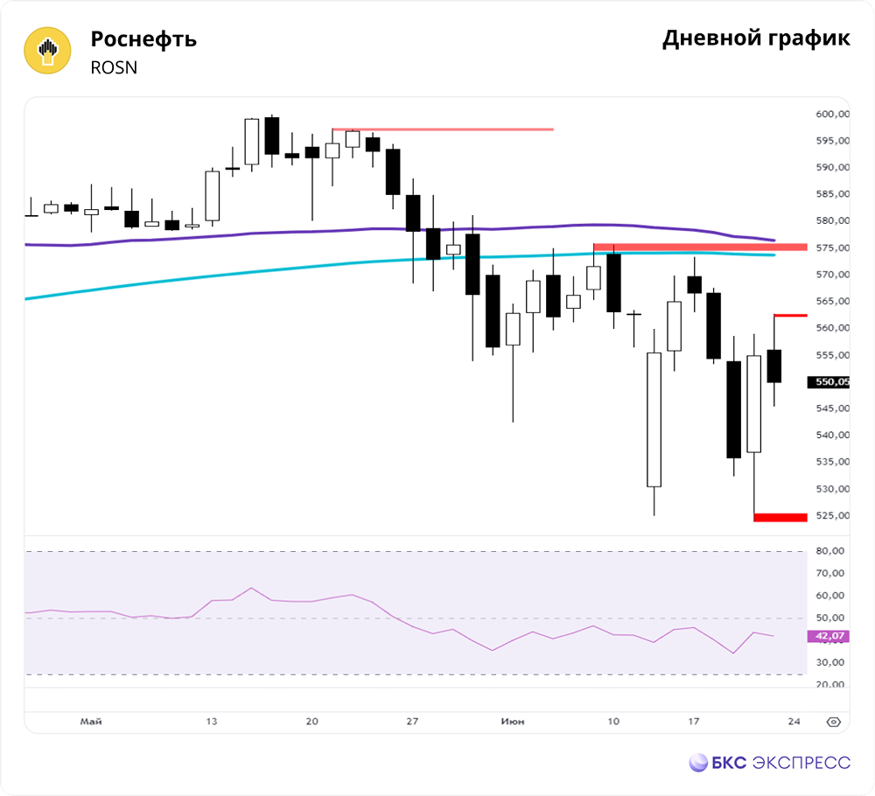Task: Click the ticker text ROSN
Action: [114, 67]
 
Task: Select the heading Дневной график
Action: [756, 38]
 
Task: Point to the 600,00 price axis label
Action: [832, 114]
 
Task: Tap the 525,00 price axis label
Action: [832, 515]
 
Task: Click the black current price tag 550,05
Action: [831, 381]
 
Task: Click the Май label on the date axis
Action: [90, 722]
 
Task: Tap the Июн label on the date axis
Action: [513, 722]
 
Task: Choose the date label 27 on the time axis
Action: [412, 722]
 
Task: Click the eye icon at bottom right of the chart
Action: [833, 723]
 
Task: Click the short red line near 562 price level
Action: [790, 316]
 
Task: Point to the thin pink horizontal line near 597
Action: [442, 129]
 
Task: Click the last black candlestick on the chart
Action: [774, 366]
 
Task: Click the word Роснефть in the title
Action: [143, 39]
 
